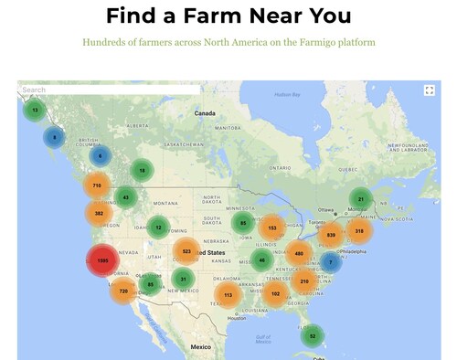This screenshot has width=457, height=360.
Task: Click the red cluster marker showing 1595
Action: coord(102,261)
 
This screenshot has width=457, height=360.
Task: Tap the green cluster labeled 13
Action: coord(35,111)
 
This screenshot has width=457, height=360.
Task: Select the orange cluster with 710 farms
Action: coord(97,185)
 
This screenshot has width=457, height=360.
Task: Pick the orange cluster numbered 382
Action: coord(99,214)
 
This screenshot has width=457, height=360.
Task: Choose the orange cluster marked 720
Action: coord(123,291)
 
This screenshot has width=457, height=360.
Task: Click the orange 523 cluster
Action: coord(186,250)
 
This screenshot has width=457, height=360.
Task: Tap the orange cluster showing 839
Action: coord(331,235)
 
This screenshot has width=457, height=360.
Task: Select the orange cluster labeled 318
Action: coord(359,231)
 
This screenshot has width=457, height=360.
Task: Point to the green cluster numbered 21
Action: coord(361,199)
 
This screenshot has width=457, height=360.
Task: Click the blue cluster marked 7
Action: coord(331,262)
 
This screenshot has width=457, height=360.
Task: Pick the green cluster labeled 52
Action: coord(313,336)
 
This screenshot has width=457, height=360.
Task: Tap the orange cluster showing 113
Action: coord(228,295)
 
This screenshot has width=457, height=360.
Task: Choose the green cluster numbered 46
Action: coord(262,260)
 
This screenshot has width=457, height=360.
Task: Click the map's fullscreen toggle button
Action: coord(429,90)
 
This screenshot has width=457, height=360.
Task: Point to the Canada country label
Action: coord(205,113)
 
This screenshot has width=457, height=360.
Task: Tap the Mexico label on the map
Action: coord(201,347)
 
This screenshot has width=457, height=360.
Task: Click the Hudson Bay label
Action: coord(288,94)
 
